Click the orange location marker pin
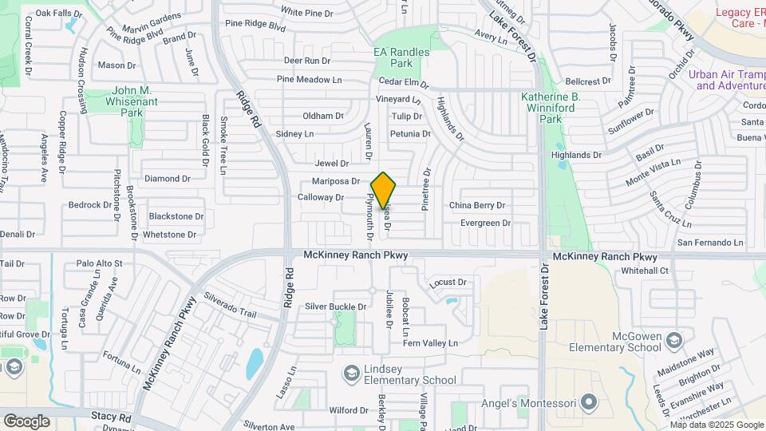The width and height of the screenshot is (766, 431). point(383,190)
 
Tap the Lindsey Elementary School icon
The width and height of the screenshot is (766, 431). point(351,373)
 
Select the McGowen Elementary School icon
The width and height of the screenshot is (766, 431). point(674,342)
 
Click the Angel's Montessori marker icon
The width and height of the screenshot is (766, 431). point(589,401)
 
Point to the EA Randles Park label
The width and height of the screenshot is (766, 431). point(401,57)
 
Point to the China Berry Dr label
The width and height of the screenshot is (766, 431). point(477,206)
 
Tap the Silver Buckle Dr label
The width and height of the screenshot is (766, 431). point(335,306)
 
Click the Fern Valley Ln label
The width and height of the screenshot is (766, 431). point(430,343)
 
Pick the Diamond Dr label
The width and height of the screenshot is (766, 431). point(167,179)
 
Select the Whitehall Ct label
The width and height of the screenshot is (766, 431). point(645,271)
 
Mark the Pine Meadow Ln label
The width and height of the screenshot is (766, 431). point(309,79)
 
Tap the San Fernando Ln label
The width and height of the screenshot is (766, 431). point(709,243)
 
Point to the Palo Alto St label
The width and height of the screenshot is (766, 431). point(99,263)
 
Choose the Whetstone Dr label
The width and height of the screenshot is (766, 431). point(169,235)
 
